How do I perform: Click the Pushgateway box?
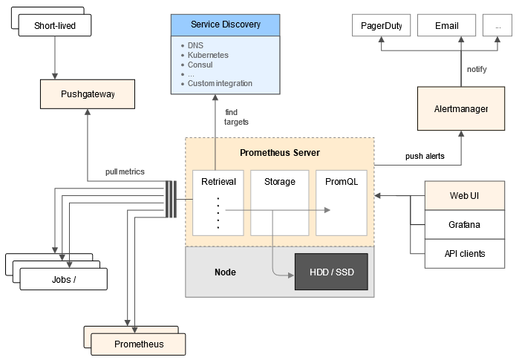tap(88, 94)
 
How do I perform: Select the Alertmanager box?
tap(461, 108)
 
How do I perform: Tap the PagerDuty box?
tap(382, 25)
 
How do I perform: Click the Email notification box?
tap(446, 25)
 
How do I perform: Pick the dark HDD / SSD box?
tap(331, 272)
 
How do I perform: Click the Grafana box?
tap(465, 225)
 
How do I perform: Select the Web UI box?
tap(465, 195)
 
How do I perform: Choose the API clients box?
tap(465, 254)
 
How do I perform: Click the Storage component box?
tap(280, 203)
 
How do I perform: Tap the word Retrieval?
tap(218, 182)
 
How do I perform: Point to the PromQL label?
tap(342, 182)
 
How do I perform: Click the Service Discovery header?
tap(226, 25)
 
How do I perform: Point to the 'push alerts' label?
tap(425, 156)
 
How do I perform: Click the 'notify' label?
tap(477, 69)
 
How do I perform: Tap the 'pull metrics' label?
tap(125, 171)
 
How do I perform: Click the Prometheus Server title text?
tap(280, 153)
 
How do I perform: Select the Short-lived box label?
tap(55, 25)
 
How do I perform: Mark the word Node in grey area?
tap(225, 272)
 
